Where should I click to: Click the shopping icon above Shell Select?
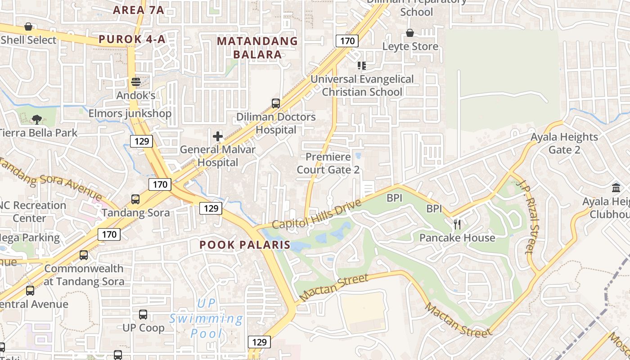click(x=28, y=27)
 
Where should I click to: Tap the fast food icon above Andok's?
click(x=135, y=82)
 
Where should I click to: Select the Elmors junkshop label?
click(x=130, y=113)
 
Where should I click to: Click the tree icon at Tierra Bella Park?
click(x=37, y=119)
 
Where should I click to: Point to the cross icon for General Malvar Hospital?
click(x=218, y=136)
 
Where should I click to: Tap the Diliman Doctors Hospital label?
click(x=276, y=123)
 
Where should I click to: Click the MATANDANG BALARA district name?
click(x=257, y=48)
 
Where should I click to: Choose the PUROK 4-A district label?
click(x=132, y=39)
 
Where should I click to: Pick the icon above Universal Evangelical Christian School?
click(x=361, y=66)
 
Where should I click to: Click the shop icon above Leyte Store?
click(x=410, y=33)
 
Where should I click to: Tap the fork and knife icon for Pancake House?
click(x=457, y=224)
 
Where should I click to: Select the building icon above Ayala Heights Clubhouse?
click(x=616, y=188)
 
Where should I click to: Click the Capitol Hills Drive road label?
click(x=316, y=215)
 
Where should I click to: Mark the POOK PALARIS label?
click(x=245, y=245)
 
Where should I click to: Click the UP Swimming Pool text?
click(x=207, y=318)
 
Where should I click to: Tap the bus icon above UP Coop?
click(x=143, y=315)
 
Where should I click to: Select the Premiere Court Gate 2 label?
click(x=328, y=163)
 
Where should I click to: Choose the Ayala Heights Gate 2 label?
click(x=564, y=143)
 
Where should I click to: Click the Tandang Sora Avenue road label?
click(x=49, y=178)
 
